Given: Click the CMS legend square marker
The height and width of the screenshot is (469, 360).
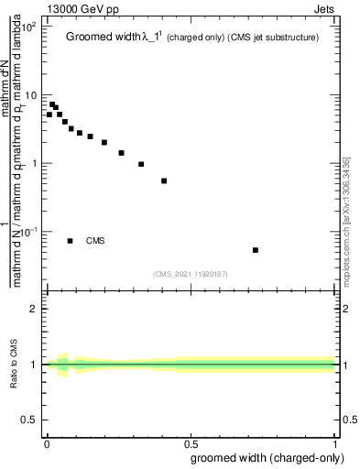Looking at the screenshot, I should pyautogui.click(x=71, y=241).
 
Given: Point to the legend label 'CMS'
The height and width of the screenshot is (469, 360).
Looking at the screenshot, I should pyautogui.click(x=95, y=241).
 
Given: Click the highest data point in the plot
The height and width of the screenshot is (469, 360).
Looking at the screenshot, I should pyautogui.click(x=52, y=104).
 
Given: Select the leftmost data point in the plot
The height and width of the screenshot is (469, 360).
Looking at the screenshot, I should pyautogui.click(x=49, y=115).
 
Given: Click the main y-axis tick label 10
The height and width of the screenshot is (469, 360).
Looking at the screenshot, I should pyautogui.click(x=32, y=95).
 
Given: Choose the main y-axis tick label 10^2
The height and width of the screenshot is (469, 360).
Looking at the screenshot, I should pyautogui.click(x=30, y=27).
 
